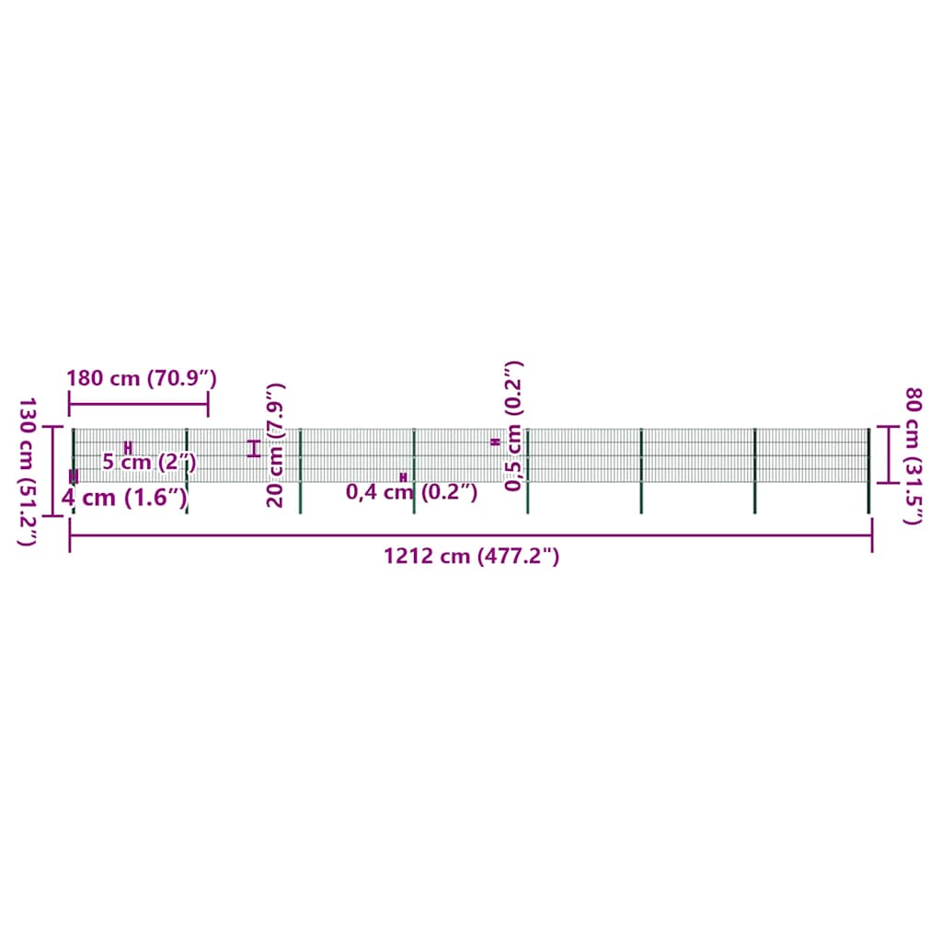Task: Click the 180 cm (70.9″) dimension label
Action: (141, 378)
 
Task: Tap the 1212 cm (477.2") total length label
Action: (472, 557)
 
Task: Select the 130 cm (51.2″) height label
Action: (27, 472)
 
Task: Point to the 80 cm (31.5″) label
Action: (913, 456)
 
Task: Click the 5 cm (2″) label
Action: (149, 463)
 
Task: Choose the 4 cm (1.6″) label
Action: (124, 498)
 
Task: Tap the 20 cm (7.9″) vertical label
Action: (274, 445)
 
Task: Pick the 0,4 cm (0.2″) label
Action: (411, 492)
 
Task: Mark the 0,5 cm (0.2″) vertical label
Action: (513, 427)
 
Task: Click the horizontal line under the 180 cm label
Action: (139, 404)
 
